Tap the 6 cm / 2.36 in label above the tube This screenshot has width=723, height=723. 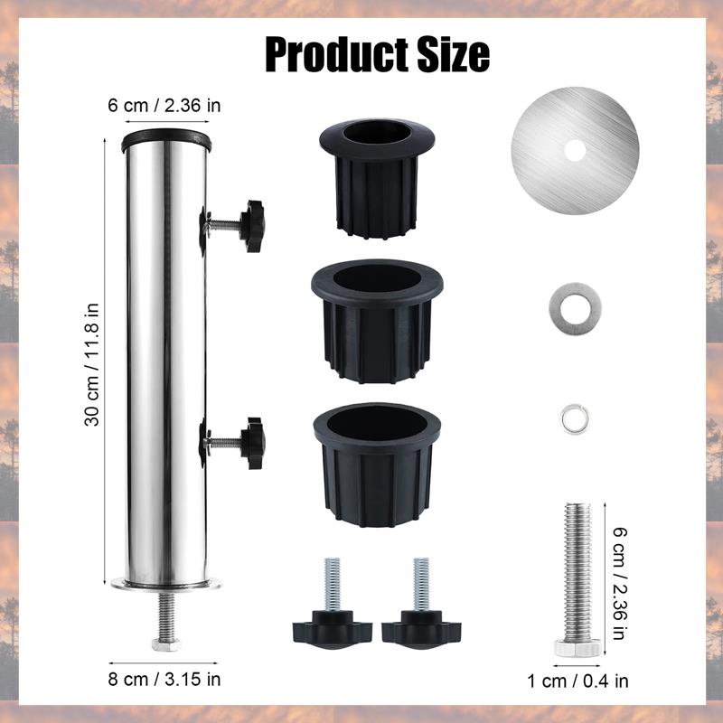click(x=164, y=106)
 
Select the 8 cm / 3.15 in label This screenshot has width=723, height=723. click(x=164, y=678)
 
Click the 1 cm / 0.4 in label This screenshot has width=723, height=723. click(x=577, y=681)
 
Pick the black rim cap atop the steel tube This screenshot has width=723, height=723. click(x=166, y=140)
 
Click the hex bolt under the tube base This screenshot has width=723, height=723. click(x=165, y=643)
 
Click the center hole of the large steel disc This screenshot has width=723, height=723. click(x=573, y=148)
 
